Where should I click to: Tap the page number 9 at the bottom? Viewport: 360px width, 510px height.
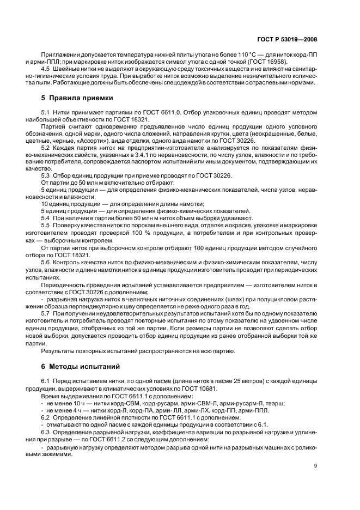click(x=316, y=465)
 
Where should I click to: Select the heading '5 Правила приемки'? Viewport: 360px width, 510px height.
click(x=77, y=99)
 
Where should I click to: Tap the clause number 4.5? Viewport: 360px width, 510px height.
click(x=46, y=70)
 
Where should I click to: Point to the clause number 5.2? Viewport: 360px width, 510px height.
click(x=46, y=147)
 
